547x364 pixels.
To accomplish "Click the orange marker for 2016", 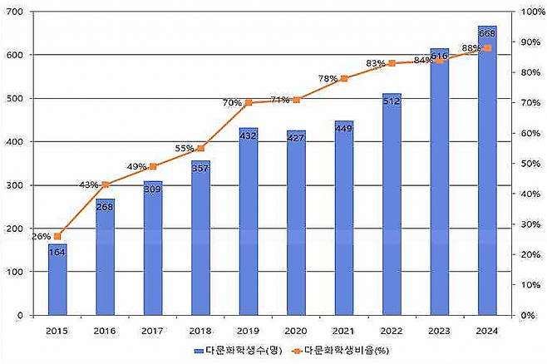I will coord(105,184).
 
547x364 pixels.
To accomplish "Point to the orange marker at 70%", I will coord(248,103).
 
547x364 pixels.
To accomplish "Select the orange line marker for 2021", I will coord(344,79).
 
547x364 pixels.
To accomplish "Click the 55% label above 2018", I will coord(184,149).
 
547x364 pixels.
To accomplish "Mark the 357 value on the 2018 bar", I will coord(200,167).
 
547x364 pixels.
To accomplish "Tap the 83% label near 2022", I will coord(375,63).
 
